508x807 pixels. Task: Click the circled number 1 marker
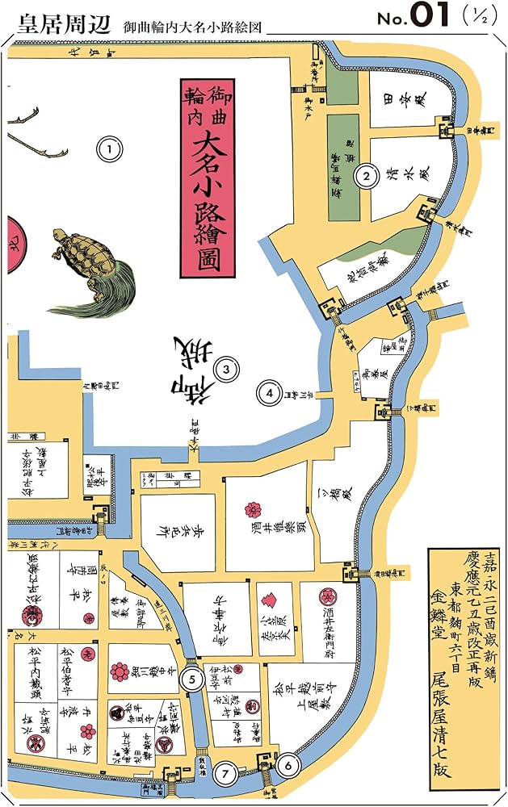coord(109,148)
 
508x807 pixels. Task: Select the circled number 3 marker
coord(227,370)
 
